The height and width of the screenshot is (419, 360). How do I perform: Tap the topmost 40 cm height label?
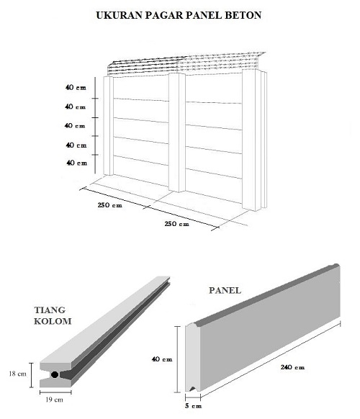pos(76,87)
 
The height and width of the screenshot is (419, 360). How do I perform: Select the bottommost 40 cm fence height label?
pos(77,163)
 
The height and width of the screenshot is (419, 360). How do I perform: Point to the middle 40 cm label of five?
pos(75,125)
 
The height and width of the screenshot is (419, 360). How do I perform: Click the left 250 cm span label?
pos(110,205)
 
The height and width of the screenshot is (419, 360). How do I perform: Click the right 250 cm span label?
pos(177,224)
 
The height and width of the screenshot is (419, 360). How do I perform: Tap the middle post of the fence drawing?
pos(176,132)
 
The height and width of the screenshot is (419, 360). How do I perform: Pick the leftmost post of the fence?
pos(108,125)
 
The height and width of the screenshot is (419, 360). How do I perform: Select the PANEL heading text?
pos(225,290)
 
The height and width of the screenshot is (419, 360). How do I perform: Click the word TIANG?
pos(50,310)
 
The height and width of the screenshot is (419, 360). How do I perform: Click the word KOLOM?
pos(53,321)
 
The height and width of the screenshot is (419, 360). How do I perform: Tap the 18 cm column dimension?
pos(17,374)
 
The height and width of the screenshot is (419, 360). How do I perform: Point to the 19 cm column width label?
pos(54,400)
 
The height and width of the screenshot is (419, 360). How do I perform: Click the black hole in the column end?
pos(55,374)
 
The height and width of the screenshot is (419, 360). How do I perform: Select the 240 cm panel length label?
pos(292,367)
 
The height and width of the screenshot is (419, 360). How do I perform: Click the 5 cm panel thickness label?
pos(193,405)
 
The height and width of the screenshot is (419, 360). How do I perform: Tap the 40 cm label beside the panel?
pos(162,359)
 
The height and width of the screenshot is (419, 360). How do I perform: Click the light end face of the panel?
pos(192,358)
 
